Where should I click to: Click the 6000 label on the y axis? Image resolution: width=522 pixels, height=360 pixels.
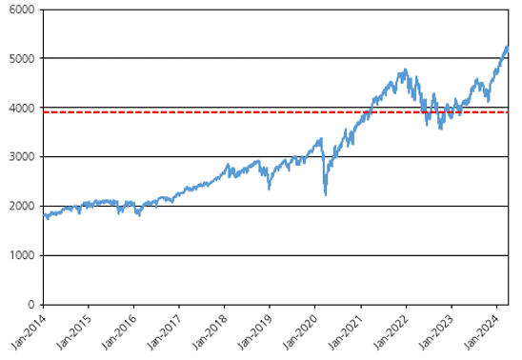coord(21,10)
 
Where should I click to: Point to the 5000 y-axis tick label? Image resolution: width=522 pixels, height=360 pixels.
coord(21,59)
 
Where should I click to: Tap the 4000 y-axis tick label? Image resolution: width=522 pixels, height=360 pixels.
coord(21,109)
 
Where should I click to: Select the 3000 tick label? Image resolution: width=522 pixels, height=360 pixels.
coord(21,157)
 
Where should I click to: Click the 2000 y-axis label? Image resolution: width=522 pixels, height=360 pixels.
coord(21,206)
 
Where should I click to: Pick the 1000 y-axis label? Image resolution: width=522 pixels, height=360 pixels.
coord(22,255)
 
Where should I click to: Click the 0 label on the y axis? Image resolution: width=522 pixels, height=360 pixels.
coord(31,305)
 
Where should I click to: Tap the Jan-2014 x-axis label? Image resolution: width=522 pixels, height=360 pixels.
coord(29,332)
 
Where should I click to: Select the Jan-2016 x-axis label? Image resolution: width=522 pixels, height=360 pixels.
coord(119,332)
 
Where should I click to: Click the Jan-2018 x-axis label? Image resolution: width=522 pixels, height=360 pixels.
coord(210,332)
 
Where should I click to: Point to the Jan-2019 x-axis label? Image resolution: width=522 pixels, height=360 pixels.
coord(255,332)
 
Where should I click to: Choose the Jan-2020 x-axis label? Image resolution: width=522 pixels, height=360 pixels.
coord(300,332)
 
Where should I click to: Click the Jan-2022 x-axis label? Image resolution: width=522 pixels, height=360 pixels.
coord(391,332)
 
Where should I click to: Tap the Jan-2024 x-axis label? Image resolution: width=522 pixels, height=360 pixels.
coord(482,332)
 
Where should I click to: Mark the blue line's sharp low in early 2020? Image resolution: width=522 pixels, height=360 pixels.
coord(326,194)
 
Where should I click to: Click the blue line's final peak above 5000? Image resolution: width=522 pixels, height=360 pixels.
coord(508,47)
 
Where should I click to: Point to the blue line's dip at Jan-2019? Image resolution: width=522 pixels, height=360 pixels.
coord(269,189)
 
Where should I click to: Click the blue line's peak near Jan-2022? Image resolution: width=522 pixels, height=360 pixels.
coord(405,70)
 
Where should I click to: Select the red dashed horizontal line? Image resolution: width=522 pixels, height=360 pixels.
coord(275,112)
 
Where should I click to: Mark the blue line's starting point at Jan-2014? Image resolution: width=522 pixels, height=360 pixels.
coord(44,215)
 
